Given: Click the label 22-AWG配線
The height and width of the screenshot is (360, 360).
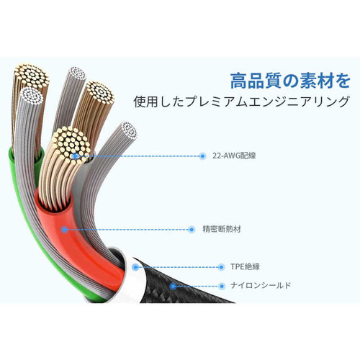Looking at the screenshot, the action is click(234, 156).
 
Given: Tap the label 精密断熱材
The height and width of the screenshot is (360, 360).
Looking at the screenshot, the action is click(222, 229).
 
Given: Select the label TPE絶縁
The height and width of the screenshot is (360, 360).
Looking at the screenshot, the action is click(245, 266).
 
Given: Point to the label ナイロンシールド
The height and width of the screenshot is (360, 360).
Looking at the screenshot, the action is click(261, 285).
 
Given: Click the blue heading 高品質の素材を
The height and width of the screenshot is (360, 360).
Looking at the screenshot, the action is click(290, 81).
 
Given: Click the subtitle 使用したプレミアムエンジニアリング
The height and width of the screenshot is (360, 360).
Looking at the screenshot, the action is click(241, 102).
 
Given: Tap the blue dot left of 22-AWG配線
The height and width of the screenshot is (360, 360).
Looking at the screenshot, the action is click(202, 156).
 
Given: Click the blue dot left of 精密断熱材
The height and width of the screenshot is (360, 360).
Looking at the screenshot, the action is click(192, 230).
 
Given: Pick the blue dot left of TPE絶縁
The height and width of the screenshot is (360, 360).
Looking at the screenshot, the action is click(221, 267).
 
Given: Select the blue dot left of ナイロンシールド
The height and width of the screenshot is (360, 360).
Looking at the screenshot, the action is click(222, 286).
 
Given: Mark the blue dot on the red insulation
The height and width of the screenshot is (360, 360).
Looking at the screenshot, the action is click(64, 230).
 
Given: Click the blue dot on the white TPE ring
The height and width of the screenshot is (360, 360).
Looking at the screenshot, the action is click(135, 267).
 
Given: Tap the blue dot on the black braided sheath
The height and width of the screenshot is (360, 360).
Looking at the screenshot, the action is click(173, 286).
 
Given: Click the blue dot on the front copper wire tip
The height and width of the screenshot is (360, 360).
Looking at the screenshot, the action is click(75, 156).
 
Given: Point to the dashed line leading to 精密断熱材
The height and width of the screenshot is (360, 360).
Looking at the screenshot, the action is click(127, 230).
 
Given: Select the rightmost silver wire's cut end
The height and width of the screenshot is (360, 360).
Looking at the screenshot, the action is click(129, 130).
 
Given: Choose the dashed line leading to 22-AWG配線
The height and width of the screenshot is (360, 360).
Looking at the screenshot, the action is click(139, 156).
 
